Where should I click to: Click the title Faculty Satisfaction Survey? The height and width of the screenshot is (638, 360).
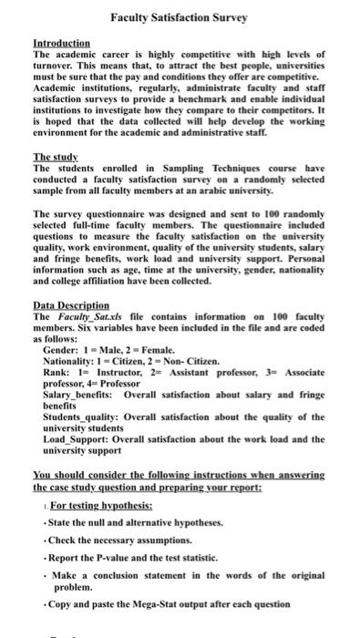pos(180,17)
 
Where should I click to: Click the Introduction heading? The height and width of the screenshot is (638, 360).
pos(61,43)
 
